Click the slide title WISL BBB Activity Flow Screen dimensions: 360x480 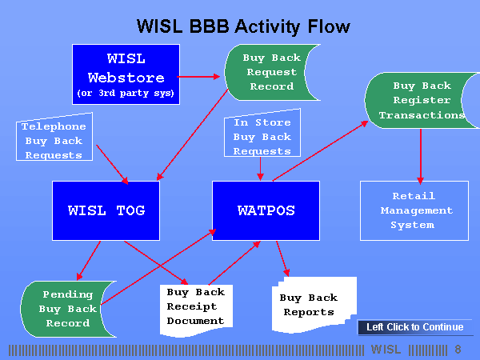(x=243, y=26)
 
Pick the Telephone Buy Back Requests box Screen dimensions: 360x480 (x=54, y=139)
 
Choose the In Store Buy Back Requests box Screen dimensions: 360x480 (x=262, y=136)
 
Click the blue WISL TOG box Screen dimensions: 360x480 (x=106, y=210)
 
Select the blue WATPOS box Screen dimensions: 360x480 (x=266, y=210)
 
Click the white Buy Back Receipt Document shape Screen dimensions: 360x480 (x=196, y=306)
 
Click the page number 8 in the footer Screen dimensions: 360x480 (x=458, y=350)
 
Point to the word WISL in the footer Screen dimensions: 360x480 (x=386, y=350)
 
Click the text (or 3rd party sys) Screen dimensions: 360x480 (x=125, y=93)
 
